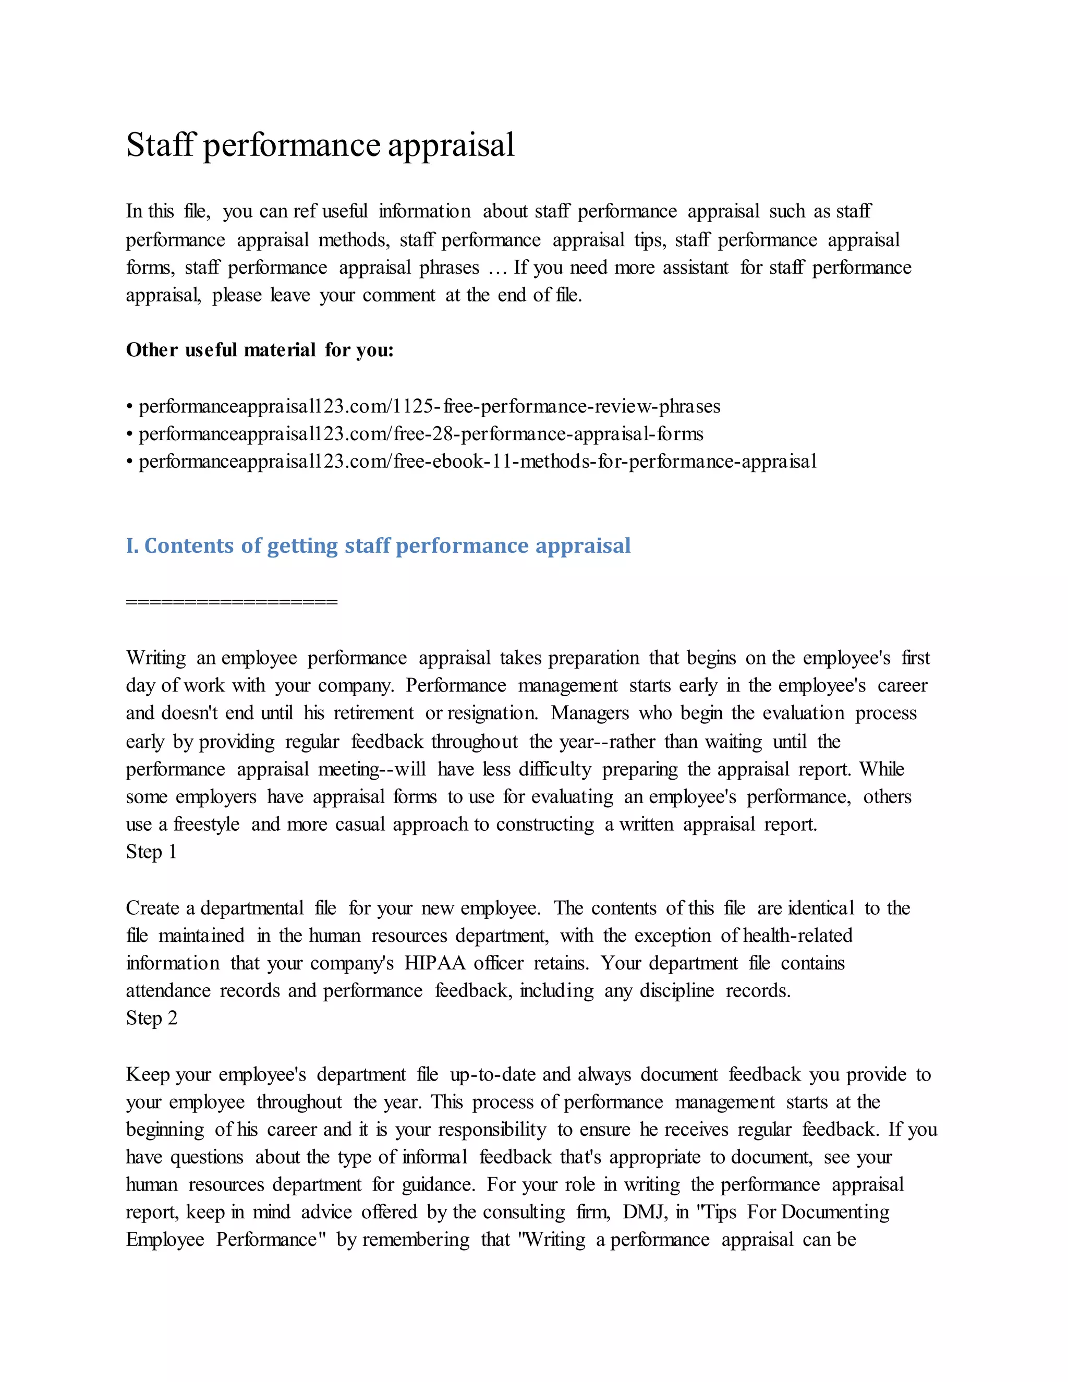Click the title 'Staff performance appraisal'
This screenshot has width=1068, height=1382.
[x=320, y=145]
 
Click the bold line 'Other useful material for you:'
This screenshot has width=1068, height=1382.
[x=259, y=350]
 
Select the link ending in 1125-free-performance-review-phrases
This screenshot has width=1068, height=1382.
[x=429, y=406]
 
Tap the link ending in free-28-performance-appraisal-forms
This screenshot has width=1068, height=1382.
[x=421, y=434]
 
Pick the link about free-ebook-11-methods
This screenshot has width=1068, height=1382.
[x=477, y=462]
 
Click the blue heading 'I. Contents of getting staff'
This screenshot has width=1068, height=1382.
[x=378, y=545]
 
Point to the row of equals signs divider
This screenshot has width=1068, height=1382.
[x=232, y=601]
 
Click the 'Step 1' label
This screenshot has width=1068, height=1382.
[x=151, y=852]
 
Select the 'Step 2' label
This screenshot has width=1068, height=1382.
[x=151, y=1018]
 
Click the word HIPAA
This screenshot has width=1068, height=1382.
[x=435, y=963]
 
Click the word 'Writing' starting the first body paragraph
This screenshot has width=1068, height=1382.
[x=155, y=658]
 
